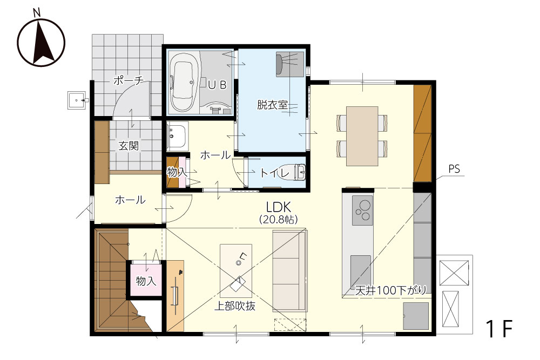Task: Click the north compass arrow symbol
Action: pyautogui.click(x=41, y=43)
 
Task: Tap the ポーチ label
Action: pyautogui.click(x=128, y=80)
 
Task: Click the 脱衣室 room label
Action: pyautogui.click(x=272, y=105)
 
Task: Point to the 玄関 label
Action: pyautogui.click(x=129, y=146)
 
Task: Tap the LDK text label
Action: pyautogui.click(x=279, y=207)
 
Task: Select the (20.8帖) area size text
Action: pyautogui.click(x=278, y=219)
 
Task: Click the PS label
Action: pyautogui.click(x=454, y=169)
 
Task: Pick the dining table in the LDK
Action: pyautogui.click(x=362, y=136)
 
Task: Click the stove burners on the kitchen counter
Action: pyautogui.click(x=362, y=210)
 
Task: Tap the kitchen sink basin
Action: pyautogui.click(x=361, y=270)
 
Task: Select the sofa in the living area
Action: pyautogui.click(x=289, y=270)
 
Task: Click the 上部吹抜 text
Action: pyautogui.click(x=235, y=306)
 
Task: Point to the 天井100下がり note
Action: pyautogui.click(x=391, y=290)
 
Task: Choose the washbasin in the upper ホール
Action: pyautogui.click(x=177, y=136)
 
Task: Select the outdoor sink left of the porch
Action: pyautogui.click(x=77, y=100)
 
